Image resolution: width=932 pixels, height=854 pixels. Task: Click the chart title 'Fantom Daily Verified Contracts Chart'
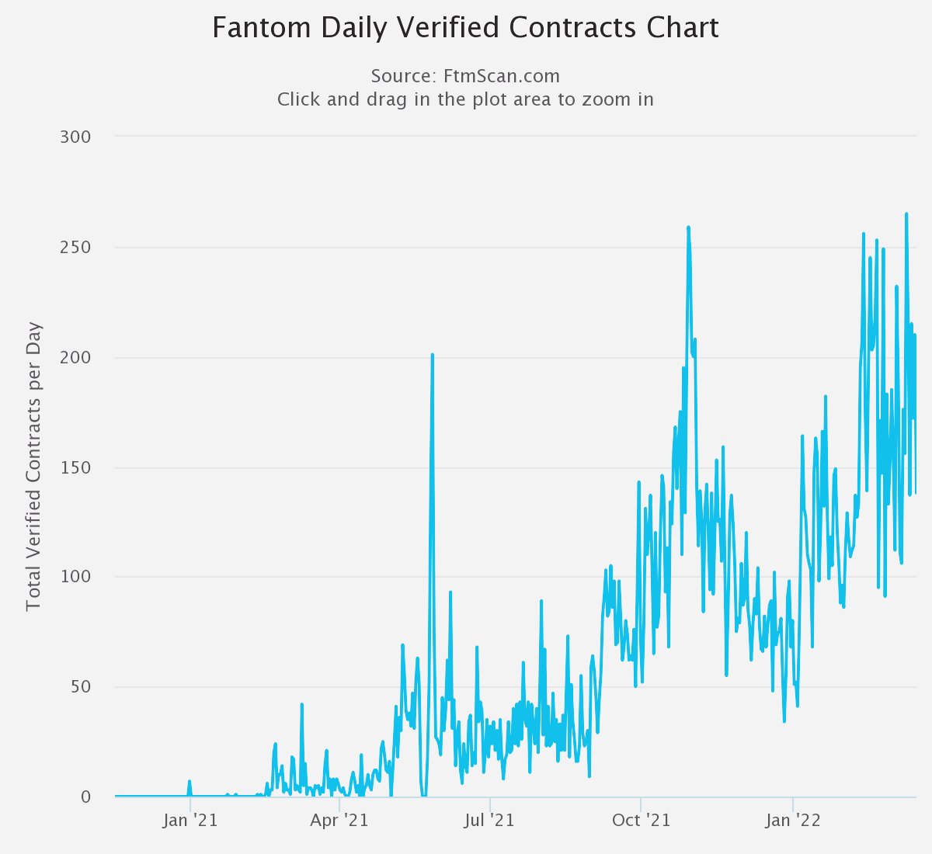[465, 28]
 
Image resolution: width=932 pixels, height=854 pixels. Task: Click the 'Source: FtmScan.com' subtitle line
[465, 76]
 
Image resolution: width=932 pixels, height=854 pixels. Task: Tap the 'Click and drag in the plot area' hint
[465, 99]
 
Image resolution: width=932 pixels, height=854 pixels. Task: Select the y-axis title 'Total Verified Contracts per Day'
[33, 467]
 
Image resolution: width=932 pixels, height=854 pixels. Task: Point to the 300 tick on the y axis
[75, 137]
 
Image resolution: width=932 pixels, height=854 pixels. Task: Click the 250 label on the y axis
[75, 248]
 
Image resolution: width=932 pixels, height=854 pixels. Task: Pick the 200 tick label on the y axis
[75, 358]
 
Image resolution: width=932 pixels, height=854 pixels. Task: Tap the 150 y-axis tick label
[75, 468]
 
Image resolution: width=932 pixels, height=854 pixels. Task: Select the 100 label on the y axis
[75, 578]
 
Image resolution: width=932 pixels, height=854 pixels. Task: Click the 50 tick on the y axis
[80, 687]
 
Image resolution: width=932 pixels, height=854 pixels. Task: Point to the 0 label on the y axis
[85, 797]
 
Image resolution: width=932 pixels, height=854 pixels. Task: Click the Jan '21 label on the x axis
[190, 821]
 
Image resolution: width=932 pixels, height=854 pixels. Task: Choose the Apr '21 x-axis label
[339, 821]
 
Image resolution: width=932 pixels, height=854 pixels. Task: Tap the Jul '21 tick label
[490, 821]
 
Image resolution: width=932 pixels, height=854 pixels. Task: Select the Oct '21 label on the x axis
[641, 821]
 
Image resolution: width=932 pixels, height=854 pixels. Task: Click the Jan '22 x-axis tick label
[792, 821]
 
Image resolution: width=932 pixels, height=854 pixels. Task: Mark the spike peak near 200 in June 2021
[432, 355]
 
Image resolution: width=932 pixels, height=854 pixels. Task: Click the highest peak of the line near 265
[906, 214]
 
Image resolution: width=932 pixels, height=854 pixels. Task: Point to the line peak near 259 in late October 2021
[688, 227]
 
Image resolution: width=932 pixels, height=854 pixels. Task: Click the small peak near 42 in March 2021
[301, 705]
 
